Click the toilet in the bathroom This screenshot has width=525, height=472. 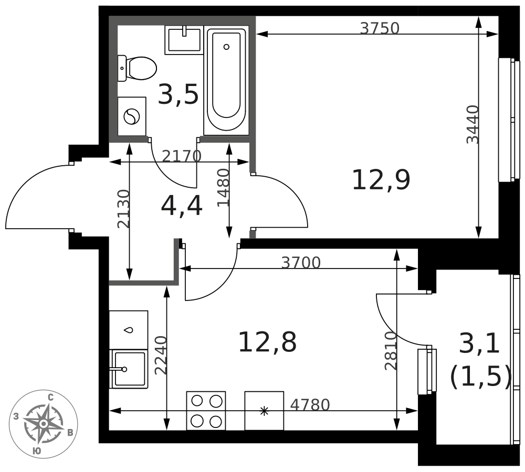[x=138, y=68]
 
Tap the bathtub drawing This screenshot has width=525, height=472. [x=226, y=80]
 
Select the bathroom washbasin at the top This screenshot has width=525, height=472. [x=184, y=39]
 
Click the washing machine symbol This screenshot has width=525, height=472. [x=132, y=116]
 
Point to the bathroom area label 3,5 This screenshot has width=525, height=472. [x=178, y=95]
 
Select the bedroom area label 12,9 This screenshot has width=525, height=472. [x=381, y=180]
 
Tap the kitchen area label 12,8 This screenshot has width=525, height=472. [x=267, y=342]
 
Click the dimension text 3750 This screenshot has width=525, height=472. [x=380, y=28]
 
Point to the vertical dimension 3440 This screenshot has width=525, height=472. [x=472, y=124]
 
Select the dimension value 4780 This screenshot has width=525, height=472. [x=310, y=405]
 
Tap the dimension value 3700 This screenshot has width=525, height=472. [x=301, y=262]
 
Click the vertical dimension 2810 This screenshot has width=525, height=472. [x=391, y=351]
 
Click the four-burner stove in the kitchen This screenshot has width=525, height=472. [x=206, y=411]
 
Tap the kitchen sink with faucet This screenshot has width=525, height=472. [x=129, y=369]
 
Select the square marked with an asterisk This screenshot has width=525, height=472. [x=264, y=411]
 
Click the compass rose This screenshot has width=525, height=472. [x=44, y=424]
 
